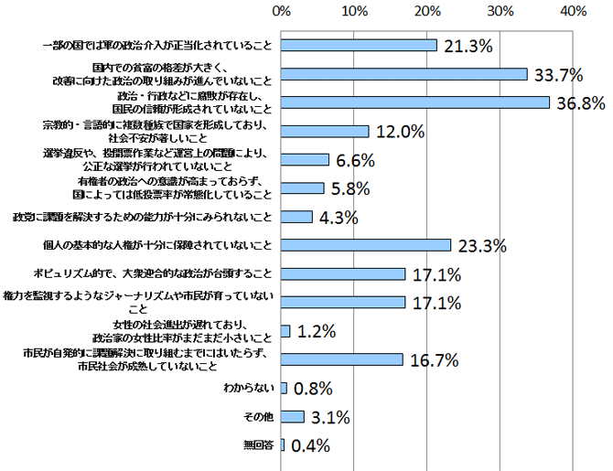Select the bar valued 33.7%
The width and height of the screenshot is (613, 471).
(404, 74)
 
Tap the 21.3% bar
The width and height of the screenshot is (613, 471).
(360, 45)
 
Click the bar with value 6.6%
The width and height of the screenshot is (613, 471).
(306, 160)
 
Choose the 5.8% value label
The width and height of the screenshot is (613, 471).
(354, 189)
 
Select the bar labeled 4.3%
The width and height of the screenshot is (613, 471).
(297, 217)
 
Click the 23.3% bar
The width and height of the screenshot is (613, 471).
(367, 245)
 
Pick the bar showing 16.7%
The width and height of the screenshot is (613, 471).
(343, 359)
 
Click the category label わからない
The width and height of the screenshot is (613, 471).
(249, 389)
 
